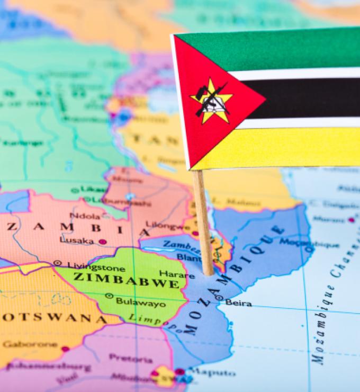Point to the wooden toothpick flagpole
pyautogui.click(x=203, y=222)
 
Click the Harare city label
pyautogui.click(x=169, y=274)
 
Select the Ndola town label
pyautogui.click(x=85, y=216)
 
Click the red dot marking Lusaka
pyautogui.click(x=102, y=242)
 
